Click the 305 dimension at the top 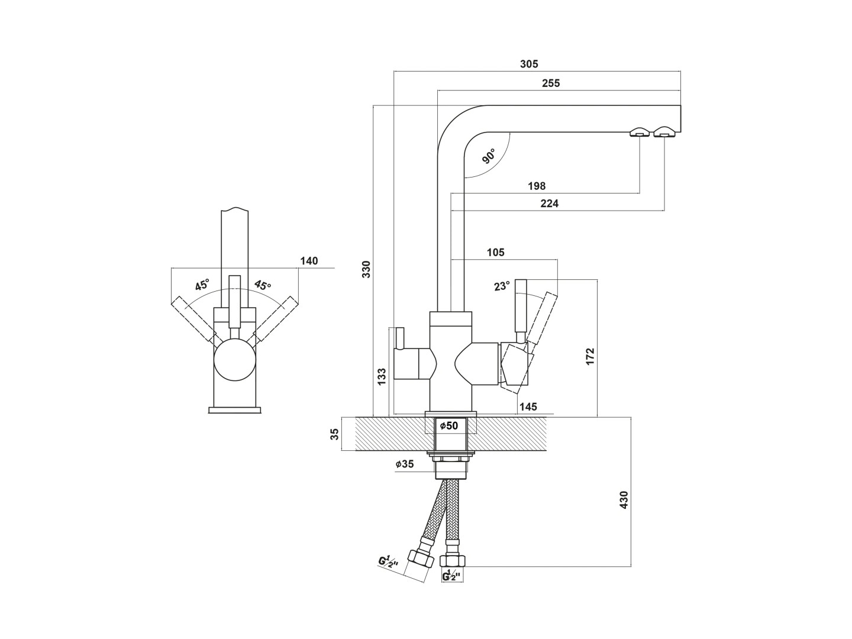529,64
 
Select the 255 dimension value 550,83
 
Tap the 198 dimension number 536,186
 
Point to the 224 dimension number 549,204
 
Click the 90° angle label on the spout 489,157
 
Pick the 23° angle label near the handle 502,286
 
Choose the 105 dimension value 495,253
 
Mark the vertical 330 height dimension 366,269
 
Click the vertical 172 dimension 590,356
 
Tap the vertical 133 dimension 382,377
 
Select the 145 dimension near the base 527,407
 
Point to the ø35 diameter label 405,464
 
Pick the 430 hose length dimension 623,500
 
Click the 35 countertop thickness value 335,434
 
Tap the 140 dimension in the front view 309,261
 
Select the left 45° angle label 202,285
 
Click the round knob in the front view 235,361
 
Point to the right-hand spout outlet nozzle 664,133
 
